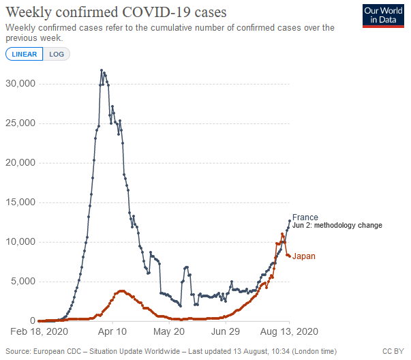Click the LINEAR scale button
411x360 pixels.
tap(24, 54)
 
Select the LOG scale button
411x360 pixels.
tap(57, 54)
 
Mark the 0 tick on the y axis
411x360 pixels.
tap(31, 321)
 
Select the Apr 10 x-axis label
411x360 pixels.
tap(112, 332)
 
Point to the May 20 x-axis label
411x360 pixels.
tap(170, 332)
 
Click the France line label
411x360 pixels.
tap(305, 217)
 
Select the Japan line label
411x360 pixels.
tap(304, 256)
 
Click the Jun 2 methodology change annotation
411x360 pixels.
tap(337, 226)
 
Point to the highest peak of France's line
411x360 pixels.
tap(102, 70)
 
